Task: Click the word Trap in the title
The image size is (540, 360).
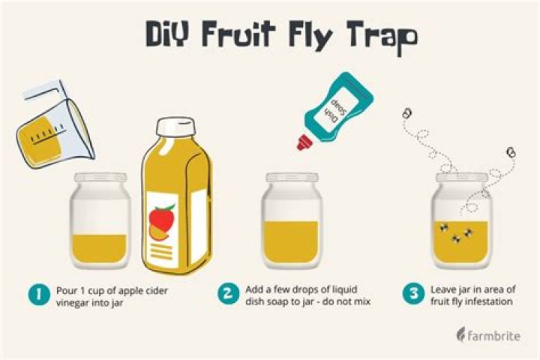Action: point(382,36)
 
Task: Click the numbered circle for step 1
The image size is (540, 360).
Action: point(39,295)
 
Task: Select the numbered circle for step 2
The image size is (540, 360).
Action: point(228,293)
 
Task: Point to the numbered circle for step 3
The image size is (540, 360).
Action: point(413,293)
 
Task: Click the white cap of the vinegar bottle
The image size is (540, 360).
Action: point(176,126)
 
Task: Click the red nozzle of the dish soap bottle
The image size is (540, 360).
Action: point(304,142)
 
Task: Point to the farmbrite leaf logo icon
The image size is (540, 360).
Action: point(460,334)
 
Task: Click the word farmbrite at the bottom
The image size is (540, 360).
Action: point(493,335)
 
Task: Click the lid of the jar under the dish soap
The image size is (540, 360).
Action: point(292,178)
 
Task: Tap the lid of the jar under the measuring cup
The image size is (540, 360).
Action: point(100,178)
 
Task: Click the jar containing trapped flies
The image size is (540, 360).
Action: point(462,220)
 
